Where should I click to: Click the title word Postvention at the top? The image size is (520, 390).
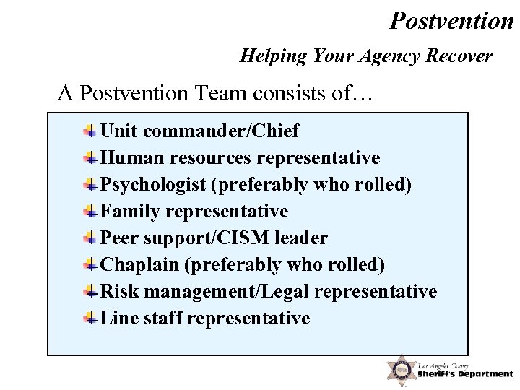[x=451, y=20]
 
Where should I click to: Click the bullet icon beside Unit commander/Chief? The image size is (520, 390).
[x=90, y=131]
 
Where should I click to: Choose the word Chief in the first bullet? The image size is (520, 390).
[x=278, y=131]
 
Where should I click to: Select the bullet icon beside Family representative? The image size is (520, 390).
[x=90, y=211]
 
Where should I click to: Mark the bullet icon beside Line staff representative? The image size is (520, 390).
[x=90, y=318]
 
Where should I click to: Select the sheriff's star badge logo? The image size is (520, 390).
[x=399, y=370]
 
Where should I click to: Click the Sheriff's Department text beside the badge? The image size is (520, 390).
[x=465, y=373]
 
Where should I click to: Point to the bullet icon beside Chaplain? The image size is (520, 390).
[x=90, y=264]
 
